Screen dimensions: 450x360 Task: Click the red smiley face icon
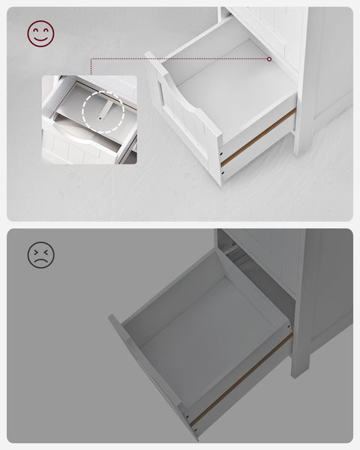(x=41, y=33)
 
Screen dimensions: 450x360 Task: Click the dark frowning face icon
(x=41, y=255)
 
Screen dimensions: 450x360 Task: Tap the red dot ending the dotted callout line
(x=269, y=58)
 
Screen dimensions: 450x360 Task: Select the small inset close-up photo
(x=89, y=119)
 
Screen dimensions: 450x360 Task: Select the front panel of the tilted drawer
(x=146, y=375)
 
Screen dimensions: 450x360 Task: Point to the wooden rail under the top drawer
(x=259, y=136)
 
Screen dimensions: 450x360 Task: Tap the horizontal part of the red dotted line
(x=180, y=58)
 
